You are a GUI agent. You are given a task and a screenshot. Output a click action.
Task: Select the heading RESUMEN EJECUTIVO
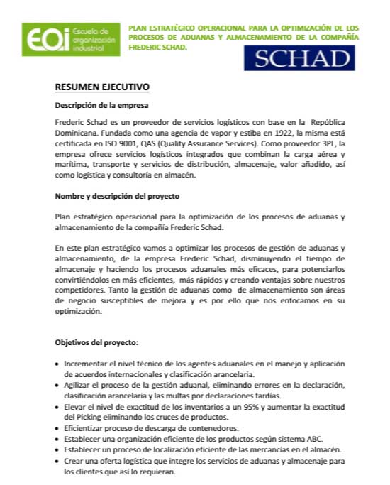(102, 87)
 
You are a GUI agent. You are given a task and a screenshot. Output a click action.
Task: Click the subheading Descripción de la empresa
(101, 105)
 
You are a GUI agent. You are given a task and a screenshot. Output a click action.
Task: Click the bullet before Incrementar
(57, 364)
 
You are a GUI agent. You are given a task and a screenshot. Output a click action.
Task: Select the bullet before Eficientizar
(57, 428)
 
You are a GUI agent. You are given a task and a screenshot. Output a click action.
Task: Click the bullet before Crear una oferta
(57, 461)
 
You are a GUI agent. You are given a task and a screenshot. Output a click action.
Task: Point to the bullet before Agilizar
(57, 385)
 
